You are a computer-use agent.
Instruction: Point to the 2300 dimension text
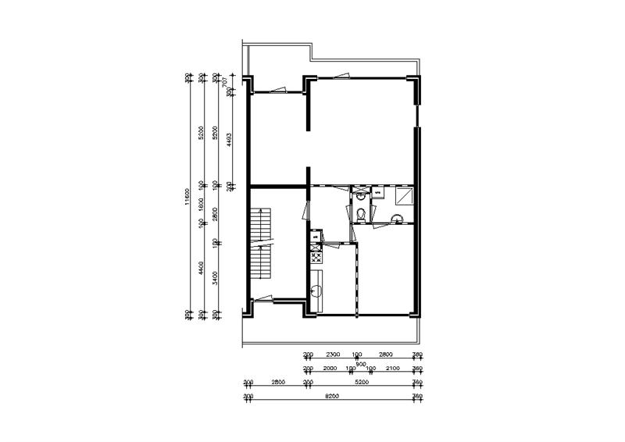[x=331, y=354]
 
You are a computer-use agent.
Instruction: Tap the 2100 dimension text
[x=393, y=368]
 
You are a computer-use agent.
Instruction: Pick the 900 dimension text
[x=361, y=362]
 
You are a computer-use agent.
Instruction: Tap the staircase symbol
[x=260, y=245]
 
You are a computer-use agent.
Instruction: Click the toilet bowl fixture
[x=359, y=214]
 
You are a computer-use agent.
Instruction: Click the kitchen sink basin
[x=317, y=291]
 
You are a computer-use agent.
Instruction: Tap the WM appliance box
[x=378, y=191]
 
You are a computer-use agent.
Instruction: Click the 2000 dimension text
[x=330, y=368]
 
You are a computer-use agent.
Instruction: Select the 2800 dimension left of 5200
[x=277, y=383]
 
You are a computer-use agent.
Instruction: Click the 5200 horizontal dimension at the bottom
[x=361, y=383]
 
